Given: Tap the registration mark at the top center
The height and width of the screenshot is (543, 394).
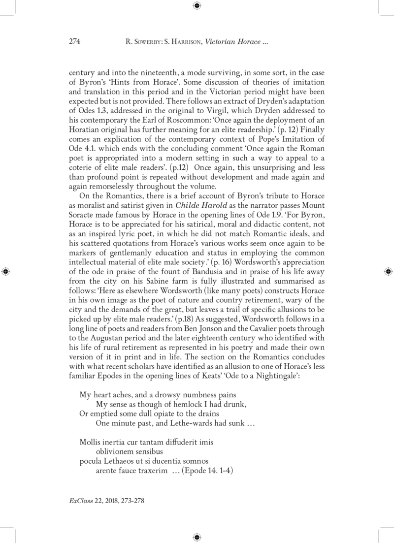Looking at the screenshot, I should (197, 6).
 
